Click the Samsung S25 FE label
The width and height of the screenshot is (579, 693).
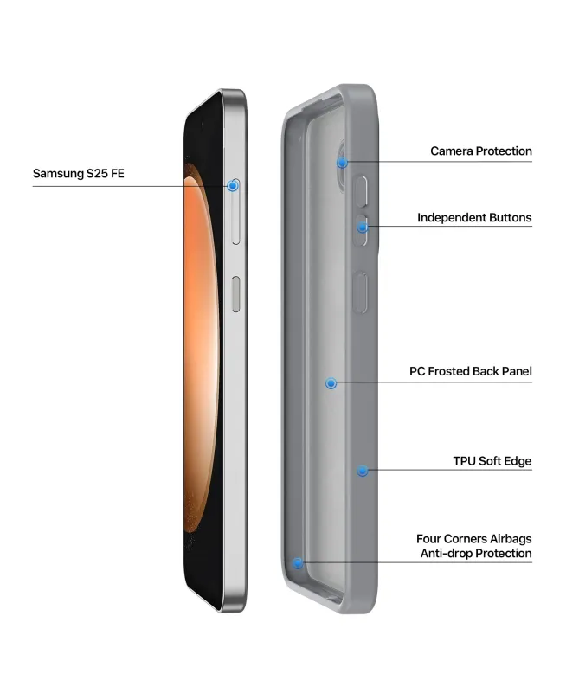pos(78,173)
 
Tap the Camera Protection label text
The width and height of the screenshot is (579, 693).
pos(481,151)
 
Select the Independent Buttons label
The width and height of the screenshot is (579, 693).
pos(474,217)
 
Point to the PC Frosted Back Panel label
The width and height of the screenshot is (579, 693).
pos(470,371)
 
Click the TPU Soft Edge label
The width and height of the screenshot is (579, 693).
pos(492,461)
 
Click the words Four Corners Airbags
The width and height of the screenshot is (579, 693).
pos(473,539)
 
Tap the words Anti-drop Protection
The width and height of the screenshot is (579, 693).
pos(476,554)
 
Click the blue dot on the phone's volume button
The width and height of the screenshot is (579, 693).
pos(233,186)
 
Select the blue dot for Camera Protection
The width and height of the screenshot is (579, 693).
pos(342,164)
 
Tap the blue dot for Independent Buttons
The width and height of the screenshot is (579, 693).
pos(363,228)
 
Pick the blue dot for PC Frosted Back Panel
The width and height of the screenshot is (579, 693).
pos(331,383)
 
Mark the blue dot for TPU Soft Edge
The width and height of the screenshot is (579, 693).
pos(363,471)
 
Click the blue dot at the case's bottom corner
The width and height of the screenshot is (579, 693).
pos(298,563)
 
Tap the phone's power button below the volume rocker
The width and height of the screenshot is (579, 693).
pos(236,294)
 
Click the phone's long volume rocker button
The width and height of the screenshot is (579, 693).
pos(236,211)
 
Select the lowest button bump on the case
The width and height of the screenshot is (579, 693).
pos(361,292)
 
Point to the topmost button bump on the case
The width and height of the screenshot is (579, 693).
pos(361,191)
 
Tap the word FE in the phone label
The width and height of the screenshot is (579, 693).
pos(118,173)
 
